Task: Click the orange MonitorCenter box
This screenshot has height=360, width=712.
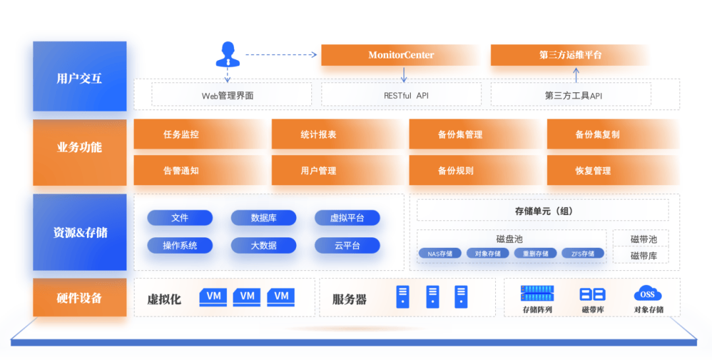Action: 401,55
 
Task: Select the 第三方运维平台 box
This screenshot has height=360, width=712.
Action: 570,55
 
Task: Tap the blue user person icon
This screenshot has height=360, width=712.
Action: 227,55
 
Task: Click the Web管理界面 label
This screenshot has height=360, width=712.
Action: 227,96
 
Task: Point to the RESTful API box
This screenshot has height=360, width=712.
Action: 401,94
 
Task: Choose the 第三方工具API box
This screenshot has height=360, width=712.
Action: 571,94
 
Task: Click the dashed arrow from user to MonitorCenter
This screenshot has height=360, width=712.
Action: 281,55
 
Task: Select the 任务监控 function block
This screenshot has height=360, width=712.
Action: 200,135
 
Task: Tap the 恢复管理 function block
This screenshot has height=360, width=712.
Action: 614,171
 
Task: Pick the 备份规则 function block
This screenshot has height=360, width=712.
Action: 475,171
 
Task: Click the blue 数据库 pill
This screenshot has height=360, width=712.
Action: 263,218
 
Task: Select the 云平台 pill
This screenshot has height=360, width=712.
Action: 347,245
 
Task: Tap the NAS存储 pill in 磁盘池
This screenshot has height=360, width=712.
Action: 440,254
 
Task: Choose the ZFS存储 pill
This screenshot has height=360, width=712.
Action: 583,254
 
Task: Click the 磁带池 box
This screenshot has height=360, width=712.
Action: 643,239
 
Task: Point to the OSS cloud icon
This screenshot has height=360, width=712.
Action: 647,293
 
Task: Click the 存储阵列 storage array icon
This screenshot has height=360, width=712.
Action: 537,293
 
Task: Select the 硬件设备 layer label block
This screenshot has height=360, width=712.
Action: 80,298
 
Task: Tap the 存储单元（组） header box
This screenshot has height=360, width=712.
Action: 543,210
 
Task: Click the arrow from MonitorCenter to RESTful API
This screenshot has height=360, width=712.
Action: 403,75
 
